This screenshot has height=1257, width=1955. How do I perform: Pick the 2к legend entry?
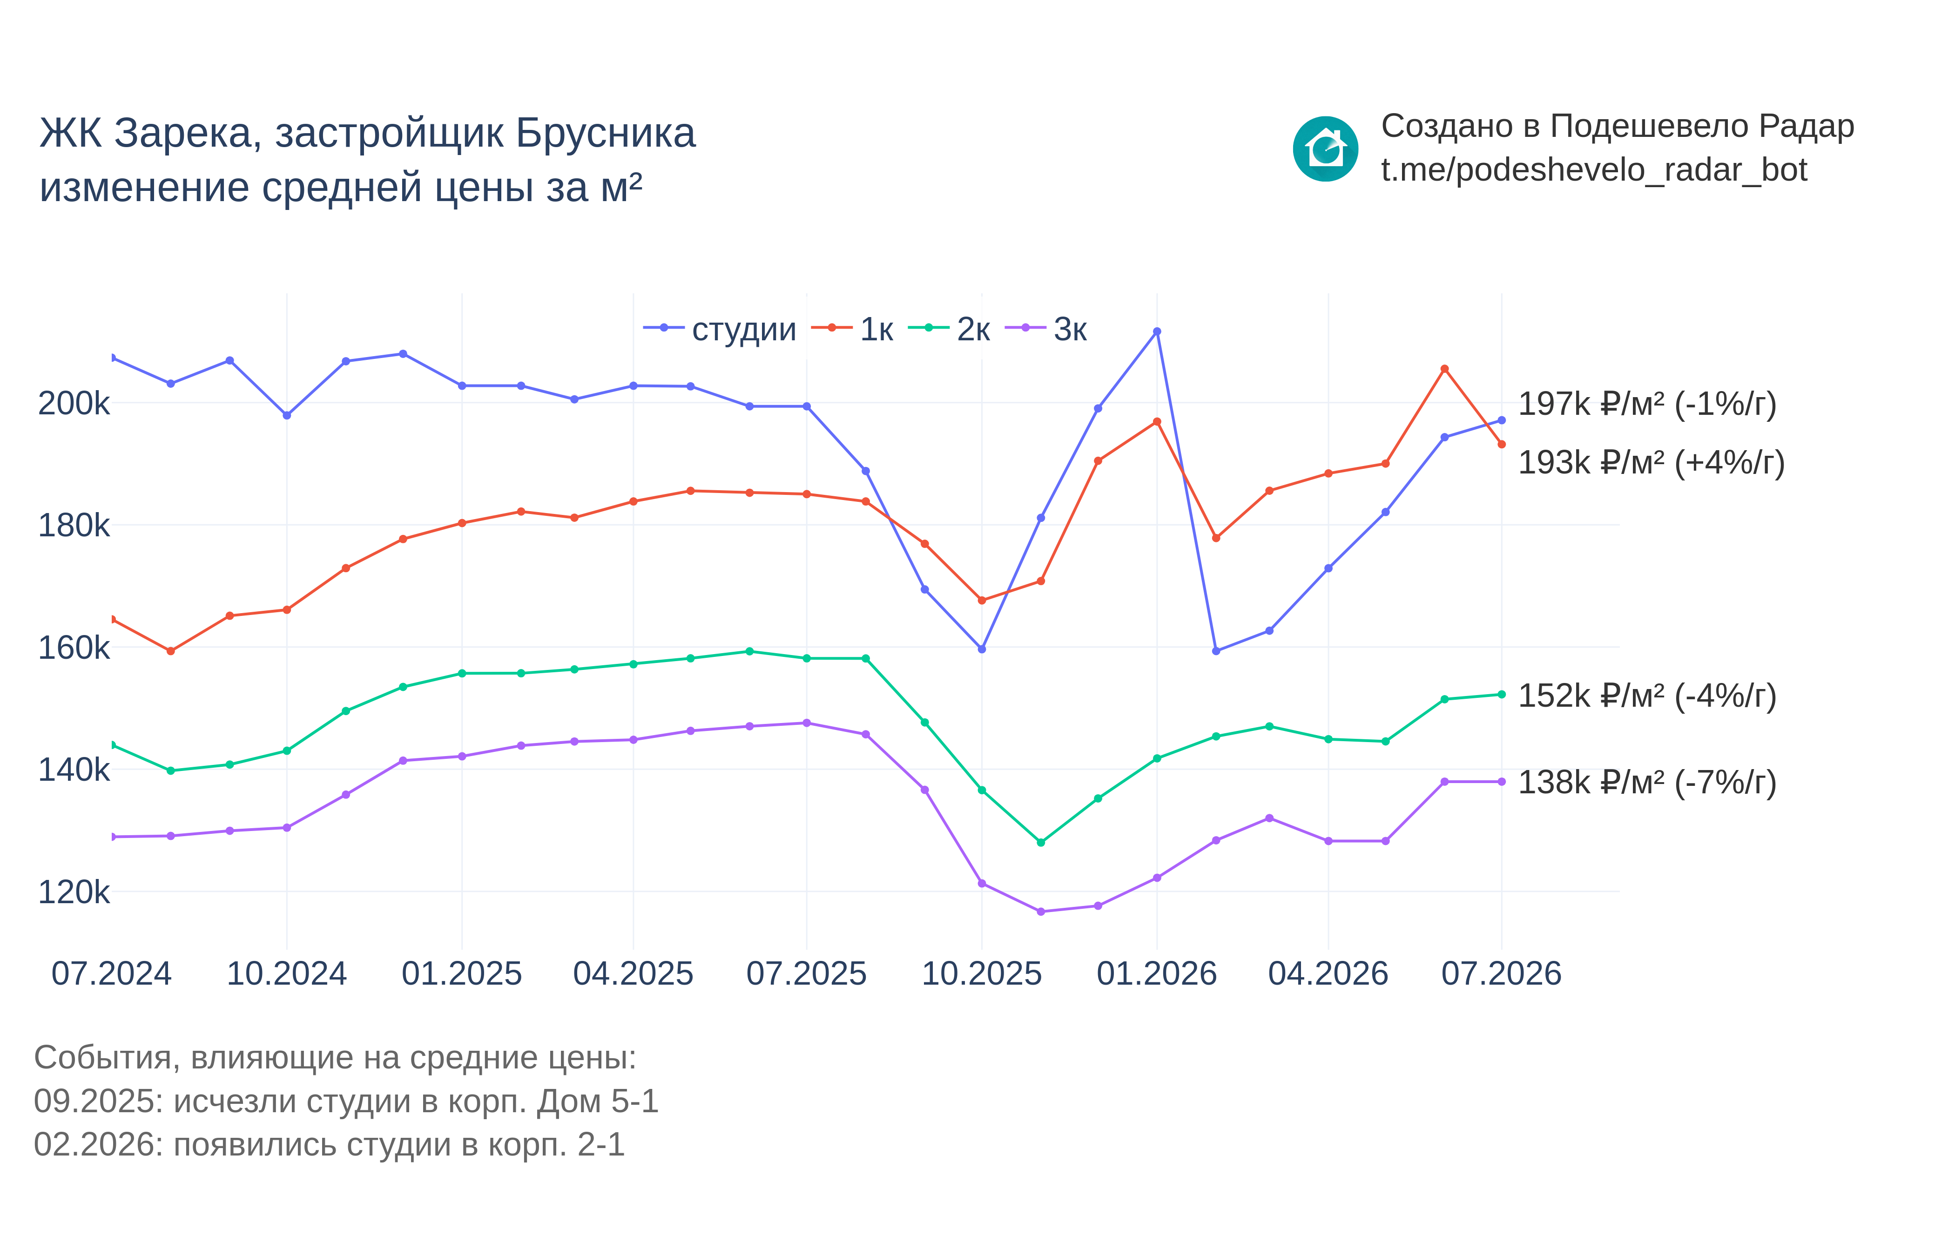(949, 329)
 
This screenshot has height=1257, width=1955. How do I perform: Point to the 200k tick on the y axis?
(74, 403)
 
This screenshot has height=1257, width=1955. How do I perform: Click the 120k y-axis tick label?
(74, 892)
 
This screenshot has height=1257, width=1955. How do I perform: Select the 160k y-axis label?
(74, 647)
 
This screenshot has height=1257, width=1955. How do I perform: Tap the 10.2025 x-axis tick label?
(982, 974)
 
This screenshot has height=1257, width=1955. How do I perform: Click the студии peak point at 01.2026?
(1157, 331)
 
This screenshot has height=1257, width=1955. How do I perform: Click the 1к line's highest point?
(1444, 369)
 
